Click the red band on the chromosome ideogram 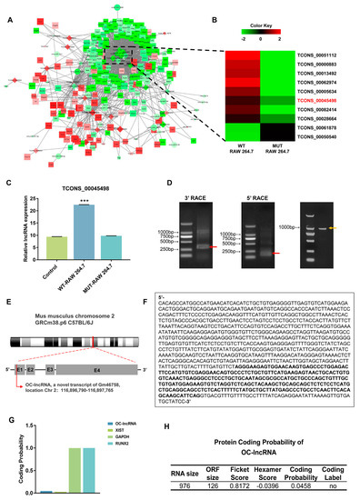click(x=95, y=343)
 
